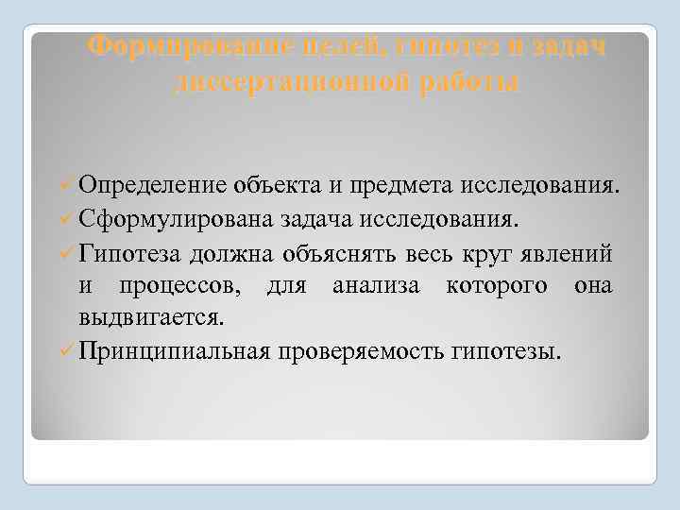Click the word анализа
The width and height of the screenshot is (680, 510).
[x=371, y=286]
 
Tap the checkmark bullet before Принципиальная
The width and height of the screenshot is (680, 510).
[x=66, y=352]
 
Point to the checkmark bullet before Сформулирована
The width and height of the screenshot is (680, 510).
[x=66, y=220]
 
